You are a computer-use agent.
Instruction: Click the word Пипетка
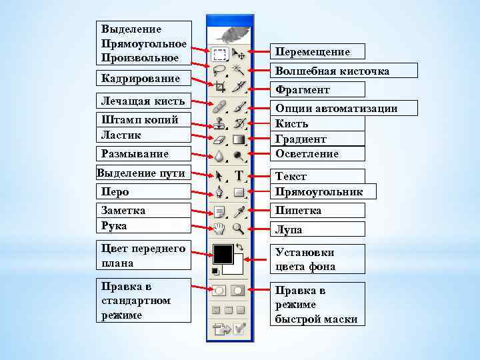tap(298, 211)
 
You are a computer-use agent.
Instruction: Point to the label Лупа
tap(289, 229)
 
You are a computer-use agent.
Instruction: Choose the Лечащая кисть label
tap(143, 102)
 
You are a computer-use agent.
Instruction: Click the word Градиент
tap(301, 139)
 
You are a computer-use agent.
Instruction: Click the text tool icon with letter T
tap(239, 176)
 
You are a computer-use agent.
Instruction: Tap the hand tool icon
tap(219, 229)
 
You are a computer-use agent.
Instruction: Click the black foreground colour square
tap(222, 253)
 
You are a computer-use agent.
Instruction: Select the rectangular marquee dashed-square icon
tap(219, 52)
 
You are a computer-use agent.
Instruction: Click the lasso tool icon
tap(219, 69)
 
